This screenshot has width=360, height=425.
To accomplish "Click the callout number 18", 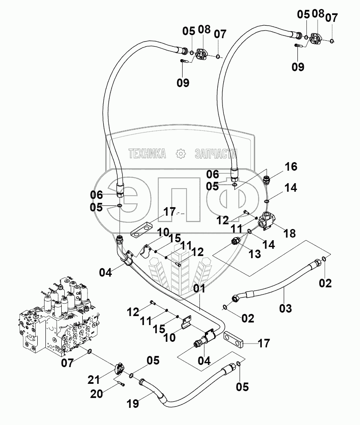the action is tap(289, 233).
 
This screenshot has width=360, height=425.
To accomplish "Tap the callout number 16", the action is tap(291, 166).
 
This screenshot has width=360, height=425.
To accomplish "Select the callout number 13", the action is tap(255, 254).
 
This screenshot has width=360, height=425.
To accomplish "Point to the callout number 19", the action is tap(133, 404).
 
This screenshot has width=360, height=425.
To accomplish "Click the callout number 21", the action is tap(94, 380).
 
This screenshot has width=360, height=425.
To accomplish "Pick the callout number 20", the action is tap(97, 394).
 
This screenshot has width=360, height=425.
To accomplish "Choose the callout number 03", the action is tap(285, 308).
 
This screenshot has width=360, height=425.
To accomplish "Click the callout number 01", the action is tap(200, 289).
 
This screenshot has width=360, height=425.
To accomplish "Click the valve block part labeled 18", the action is tap(267, 221).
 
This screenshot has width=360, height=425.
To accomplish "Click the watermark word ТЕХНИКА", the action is tap(147, 154).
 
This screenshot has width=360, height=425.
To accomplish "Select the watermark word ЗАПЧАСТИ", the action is tap(216, 154).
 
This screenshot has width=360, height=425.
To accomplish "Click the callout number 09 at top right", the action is tap(298, 66).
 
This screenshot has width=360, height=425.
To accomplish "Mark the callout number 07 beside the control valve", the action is tap(67, 363).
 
